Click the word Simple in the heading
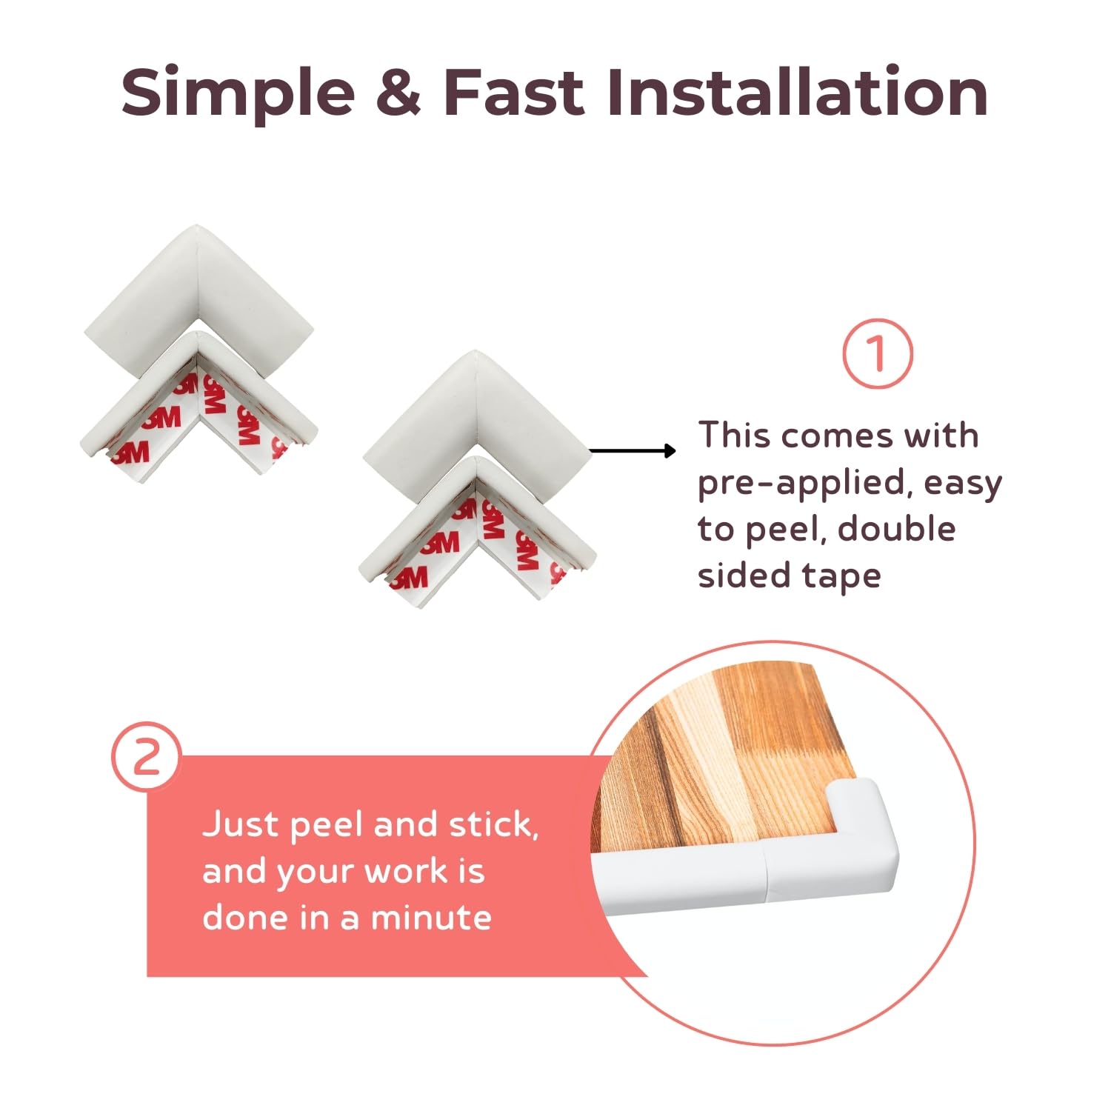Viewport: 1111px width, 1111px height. click(x=238, y=94)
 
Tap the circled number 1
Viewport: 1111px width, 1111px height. click(x=878, y=354)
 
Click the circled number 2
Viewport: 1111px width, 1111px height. click(x=147, y=757)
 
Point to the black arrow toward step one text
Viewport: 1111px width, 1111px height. click(x=633, y=450)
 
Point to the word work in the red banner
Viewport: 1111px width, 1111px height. click(x=406, y=872)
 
